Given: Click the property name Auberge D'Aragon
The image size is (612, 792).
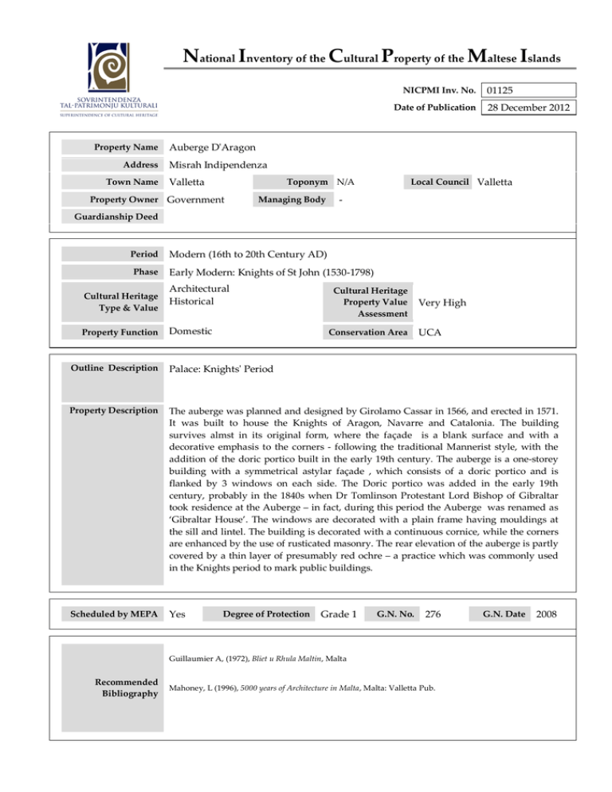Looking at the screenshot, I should [212, 147].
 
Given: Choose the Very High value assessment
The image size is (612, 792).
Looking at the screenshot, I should [442, 303].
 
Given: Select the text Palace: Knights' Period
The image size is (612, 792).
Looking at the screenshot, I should [226, 370].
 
